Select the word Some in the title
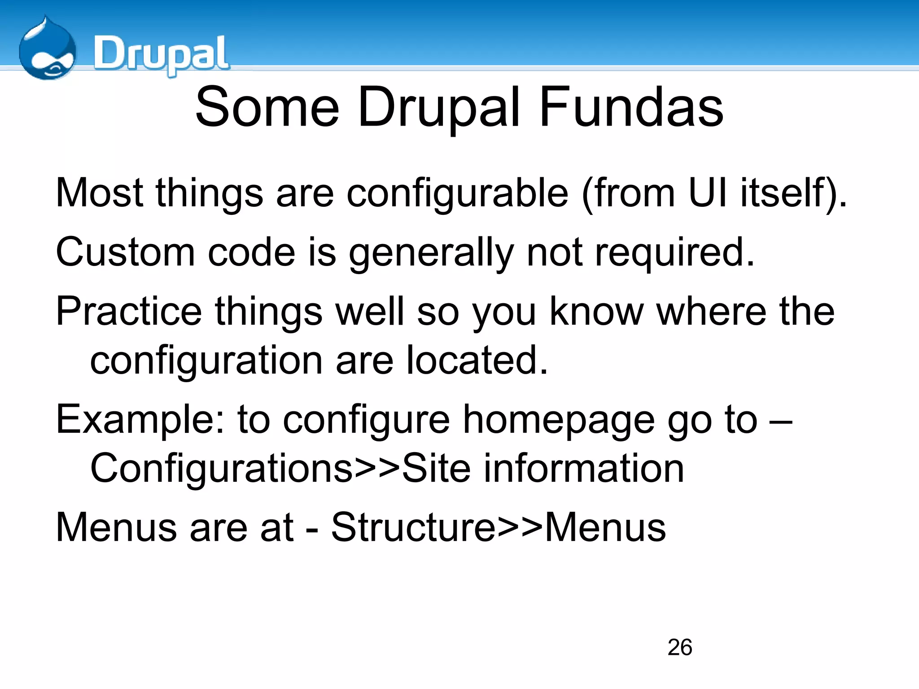click(267, 108)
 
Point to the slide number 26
click(679, 647)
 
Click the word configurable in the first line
click(457, 193)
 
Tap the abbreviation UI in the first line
click(707, 193)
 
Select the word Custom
click(125, 252)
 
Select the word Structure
click(413, 528)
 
